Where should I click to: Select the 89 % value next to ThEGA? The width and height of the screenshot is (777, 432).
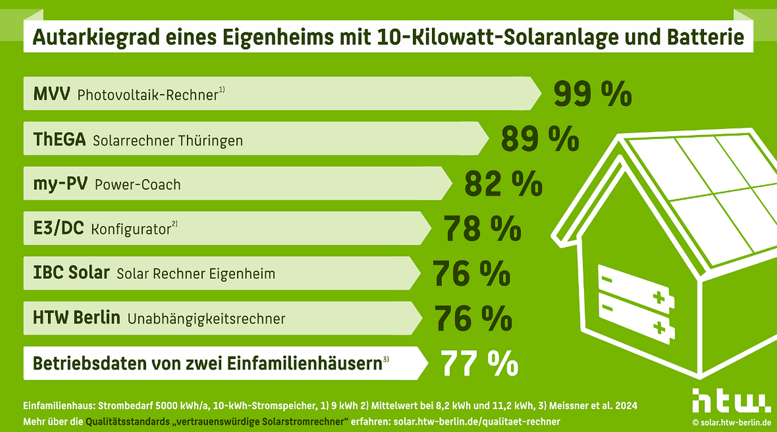pyautogui.click(x=539, y=139)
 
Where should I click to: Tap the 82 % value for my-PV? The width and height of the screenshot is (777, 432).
pyautogui.click(x=503, y=184)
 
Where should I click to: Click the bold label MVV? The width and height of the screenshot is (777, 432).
pyautogui.click(x=51, y=94)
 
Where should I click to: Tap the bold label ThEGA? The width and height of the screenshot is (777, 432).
pyautogui.click(x=59, y=140)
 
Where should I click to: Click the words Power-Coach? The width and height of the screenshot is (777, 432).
pyautogui.click(x=137, y=185)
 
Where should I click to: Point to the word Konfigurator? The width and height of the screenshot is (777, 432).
pyautogui.click(x=131, y=229)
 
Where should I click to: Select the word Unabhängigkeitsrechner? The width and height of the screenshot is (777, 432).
pyautogui.click(x=206, y=319)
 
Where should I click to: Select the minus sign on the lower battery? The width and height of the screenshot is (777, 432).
pyautogui.click(x=607, y=307)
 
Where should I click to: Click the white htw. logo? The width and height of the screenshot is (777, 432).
pyautogui.click(x=731, y=400)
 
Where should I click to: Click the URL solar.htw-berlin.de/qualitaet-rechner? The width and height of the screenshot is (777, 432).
pyautogui.click(x=477, y=421)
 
